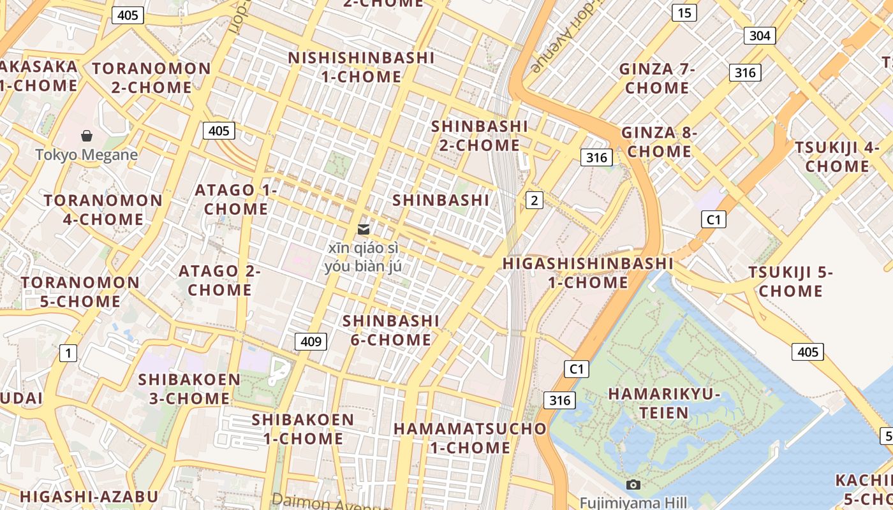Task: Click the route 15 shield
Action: pyautogui.click(x=684, y=13)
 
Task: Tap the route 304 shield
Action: pyautogui.click(x=760, y=36)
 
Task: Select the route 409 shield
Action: pyautogui.click(x=311, y=342)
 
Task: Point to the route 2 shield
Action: pyautogui.click(x=534, y=201)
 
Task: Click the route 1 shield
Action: pyautogui.click(x=68, y=353)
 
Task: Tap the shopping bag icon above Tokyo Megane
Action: pyautogui.click(x=87, y=136)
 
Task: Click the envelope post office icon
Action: pyautogui.click(x=364, y=229)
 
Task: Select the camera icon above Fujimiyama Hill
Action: pyautogui.click(x=633, y=485)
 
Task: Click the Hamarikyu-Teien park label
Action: pyautogui.click(x=664, y=403)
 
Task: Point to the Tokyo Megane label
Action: pyautogui.click(x=87, y=155)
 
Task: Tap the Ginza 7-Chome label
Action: pyautogui.click(x=657, y=78)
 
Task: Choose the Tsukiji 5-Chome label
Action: pyautogui.click(x=791, y=282)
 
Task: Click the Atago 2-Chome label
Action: pyautogui.click(x=219, y=280)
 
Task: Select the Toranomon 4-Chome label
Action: pyautogui.click(x=103, y=210)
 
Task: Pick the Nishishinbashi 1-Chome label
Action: pyautogui.click(x=361, y=67)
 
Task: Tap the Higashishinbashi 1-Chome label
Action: pyautogui.click(x=587, y=273)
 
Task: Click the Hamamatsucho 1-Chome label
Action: pyautogui.click(x=470, y=438)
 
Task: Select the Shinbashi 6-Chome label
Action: pyautogui.click(x=391, y=330)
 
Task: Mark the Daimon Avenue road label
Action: pyautogui.click(x=328, y=502)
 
